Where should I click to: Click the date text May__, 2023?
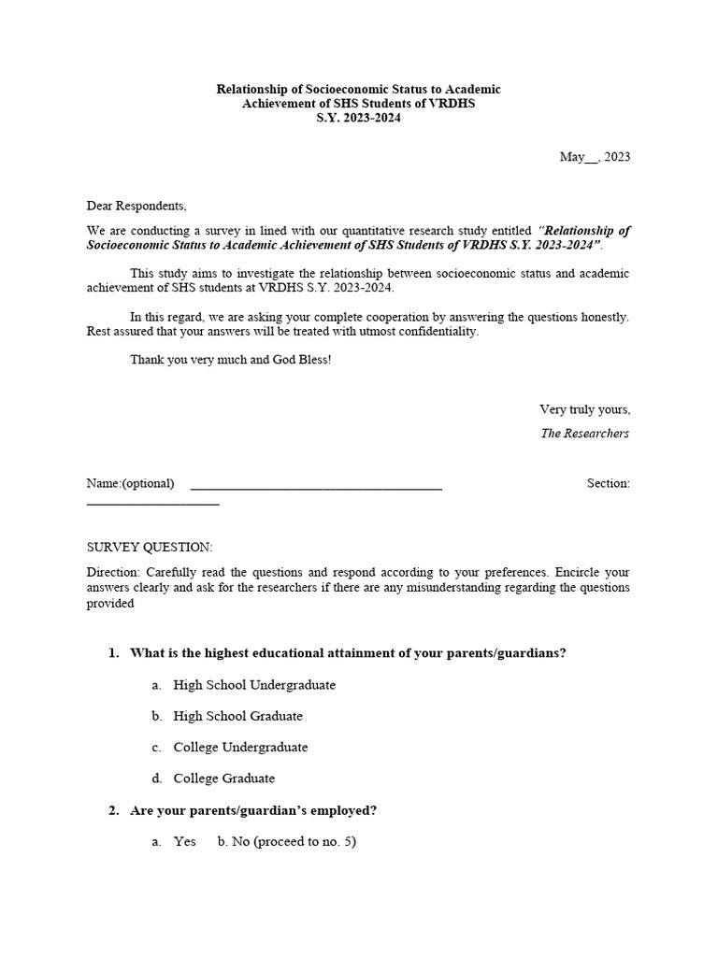click(595, 157)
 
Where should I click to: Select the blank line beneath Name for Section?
click(152, 504)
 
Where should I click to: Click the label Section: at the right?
click(608, 483)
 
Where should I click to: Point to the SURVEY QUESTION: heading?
click(150, 547)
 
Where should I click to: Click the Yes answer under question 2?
click(184, 842)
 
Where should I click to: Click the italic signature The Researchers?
click(584, 434)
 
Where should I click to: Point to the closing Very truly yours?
click(584, 409)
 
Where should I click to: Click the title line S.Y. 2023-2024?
click(358, 119)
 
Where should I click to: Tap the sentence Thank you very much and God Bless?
click(230, 360)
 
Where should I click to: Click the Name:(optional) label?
click(130, 483)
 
